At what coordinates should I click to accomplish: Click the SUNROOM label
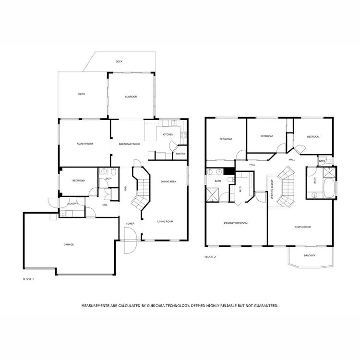point(131,97)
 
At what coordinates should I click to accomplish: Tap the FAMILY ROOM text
point(84,144)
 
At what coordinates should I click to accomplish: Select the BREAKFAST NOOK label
point(130,144)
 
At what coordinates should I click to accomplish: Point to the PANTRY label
point(180,154)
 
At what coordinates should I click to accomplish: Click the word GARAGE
point(69,245)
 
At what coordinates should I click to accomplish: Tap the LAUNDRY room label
point(72,204)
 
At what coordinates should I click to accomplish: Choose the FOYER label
point(130,224)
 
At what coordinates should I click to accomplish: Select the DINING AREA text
point(168,181)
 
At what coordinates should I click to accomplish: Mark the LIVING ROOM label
point(165,222)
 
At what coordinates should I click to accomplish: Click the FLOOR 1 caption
point(28,279)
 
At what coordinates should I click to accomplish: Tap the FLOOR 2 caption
point(210,257)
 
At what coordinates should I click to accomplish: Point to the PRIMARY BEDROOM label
point(236,223)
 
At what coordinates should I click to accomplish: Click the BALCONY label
point(310,255)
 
